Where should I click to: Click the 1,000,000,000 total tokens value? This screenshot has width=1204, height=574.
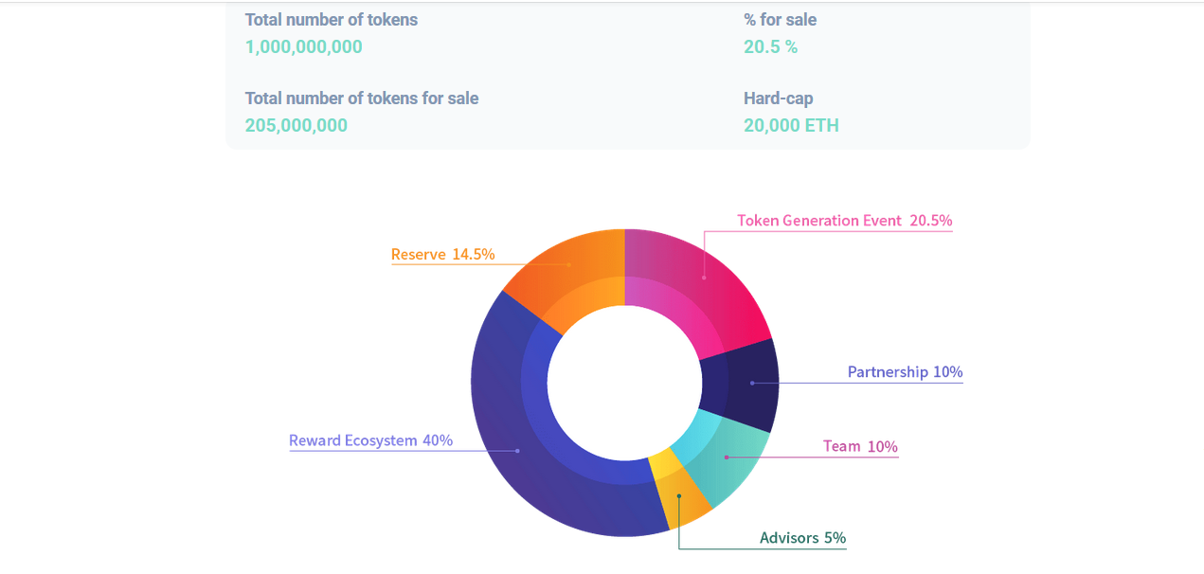pyautogui.click(x=303, y=46)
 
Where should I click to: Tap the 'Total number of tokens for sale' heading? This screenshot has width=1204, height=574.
pyautogui.click(x=361, y=99)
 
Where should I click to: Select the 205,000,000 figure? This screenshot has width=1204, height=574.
pyautogui.click(x=296, y=125)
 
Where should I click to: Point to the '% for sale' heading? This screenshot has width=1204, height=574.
pyautogui.click(x=780, y=20)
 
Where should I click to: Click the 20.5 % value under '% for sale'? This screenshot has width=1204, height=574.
pyautogui.click(x=770, y=46)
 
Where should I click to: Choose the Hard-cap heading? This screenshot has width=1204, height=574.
pyautogui.click(x=778, y=99)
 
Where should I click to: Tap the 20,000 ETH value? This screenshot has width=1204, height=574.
pyautogui.click(x=791, y=125)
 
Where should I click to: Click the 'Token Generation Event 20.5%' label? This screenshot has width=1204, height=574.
pyautogui.click(x=844, y=221)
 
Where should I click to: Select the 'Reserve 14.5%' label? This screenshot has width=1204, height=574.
pyautogui.click(x=442, y=254)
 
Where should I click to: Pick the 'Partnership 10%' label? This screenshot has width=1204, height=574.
pyautogui.click(x=905, y=372)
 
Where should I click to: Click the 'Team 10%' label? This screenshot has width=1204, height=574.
pyautogui.click(x=860, y=446)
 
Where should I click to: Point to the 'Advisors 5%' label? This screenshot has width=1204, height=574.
pyautogui.click(x=802, y=538)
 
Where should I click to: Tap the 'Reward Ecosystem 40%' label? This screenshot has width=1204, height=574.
pyautogui.click(x=370, y=440)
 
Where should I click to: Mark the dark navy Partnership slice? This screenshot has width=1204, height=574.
pyautogui.click(x=743, y=384)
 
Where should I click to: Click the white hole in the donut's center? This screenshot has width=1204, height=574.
pyautogui.click(x=624, y=383)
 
